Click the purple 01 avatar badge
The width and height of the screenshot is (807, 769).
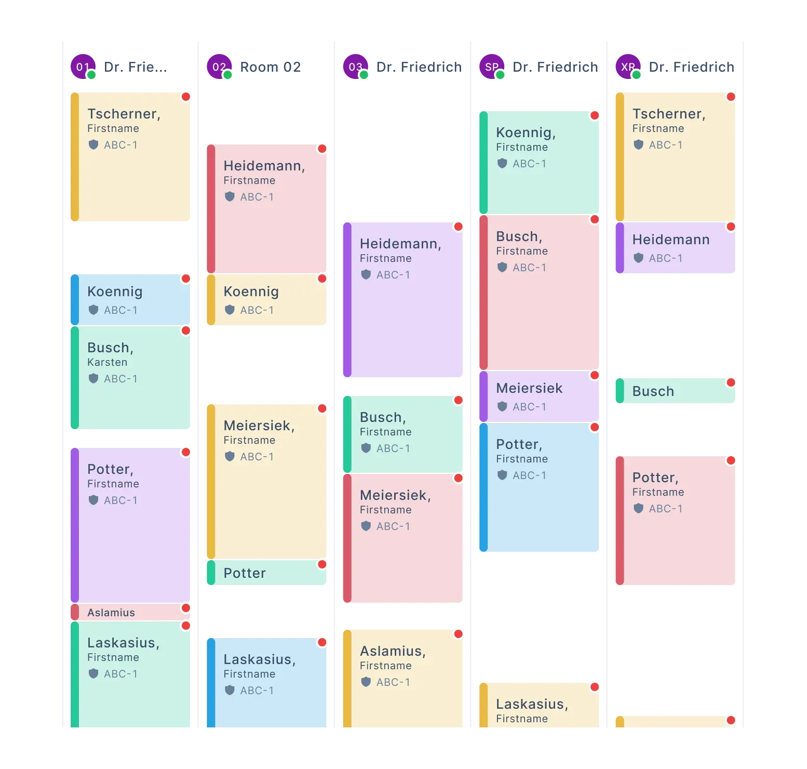click(83, 67)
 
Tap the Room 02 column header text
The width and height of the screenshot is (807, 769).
click(271, 67)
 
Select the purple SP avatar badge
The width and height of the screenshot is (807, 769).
click(492, 67)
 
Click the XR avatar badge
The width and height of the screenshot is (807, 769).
click(628, 67)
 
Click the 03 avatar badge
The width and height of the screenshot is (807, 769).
click(356, 67)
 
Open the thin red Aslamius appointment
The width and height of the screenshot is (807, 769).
click(130, 612)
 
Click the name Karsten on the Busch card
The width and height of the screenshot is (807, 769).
click(107, 362)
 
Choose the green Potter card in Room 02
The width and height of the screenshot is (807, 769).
click(266, 573)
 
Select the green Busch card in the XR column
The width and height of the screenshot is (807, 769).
click(675, 391)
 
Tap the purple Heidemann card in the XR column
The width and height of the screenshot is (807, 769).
click(675, 248)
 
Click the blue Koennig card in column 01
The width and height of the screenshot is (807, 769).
click(130, 300)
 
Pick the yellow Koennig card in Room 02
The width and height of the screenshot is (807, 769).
click(266, 300)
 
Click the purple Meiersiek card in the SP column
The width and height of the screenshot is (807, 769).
click(539, 396)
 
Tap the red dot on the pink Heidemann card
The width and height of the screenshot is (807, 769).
click(322, 149)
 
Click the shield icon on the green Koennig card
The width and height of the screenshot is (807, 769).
click(502, 163)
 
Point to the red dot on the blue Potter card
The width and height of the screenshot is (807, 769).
click(595, 427)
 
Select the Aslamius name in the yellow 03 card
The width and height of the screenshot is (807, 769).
click(393, 651)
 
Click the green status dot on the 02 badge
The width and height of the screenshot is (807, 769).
click(227, 75)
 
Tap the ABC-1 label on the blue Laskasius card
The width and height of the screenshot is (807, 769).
click(257, 691)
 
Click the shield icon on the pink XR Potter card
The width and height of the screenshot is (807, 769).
click(638, 508)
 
